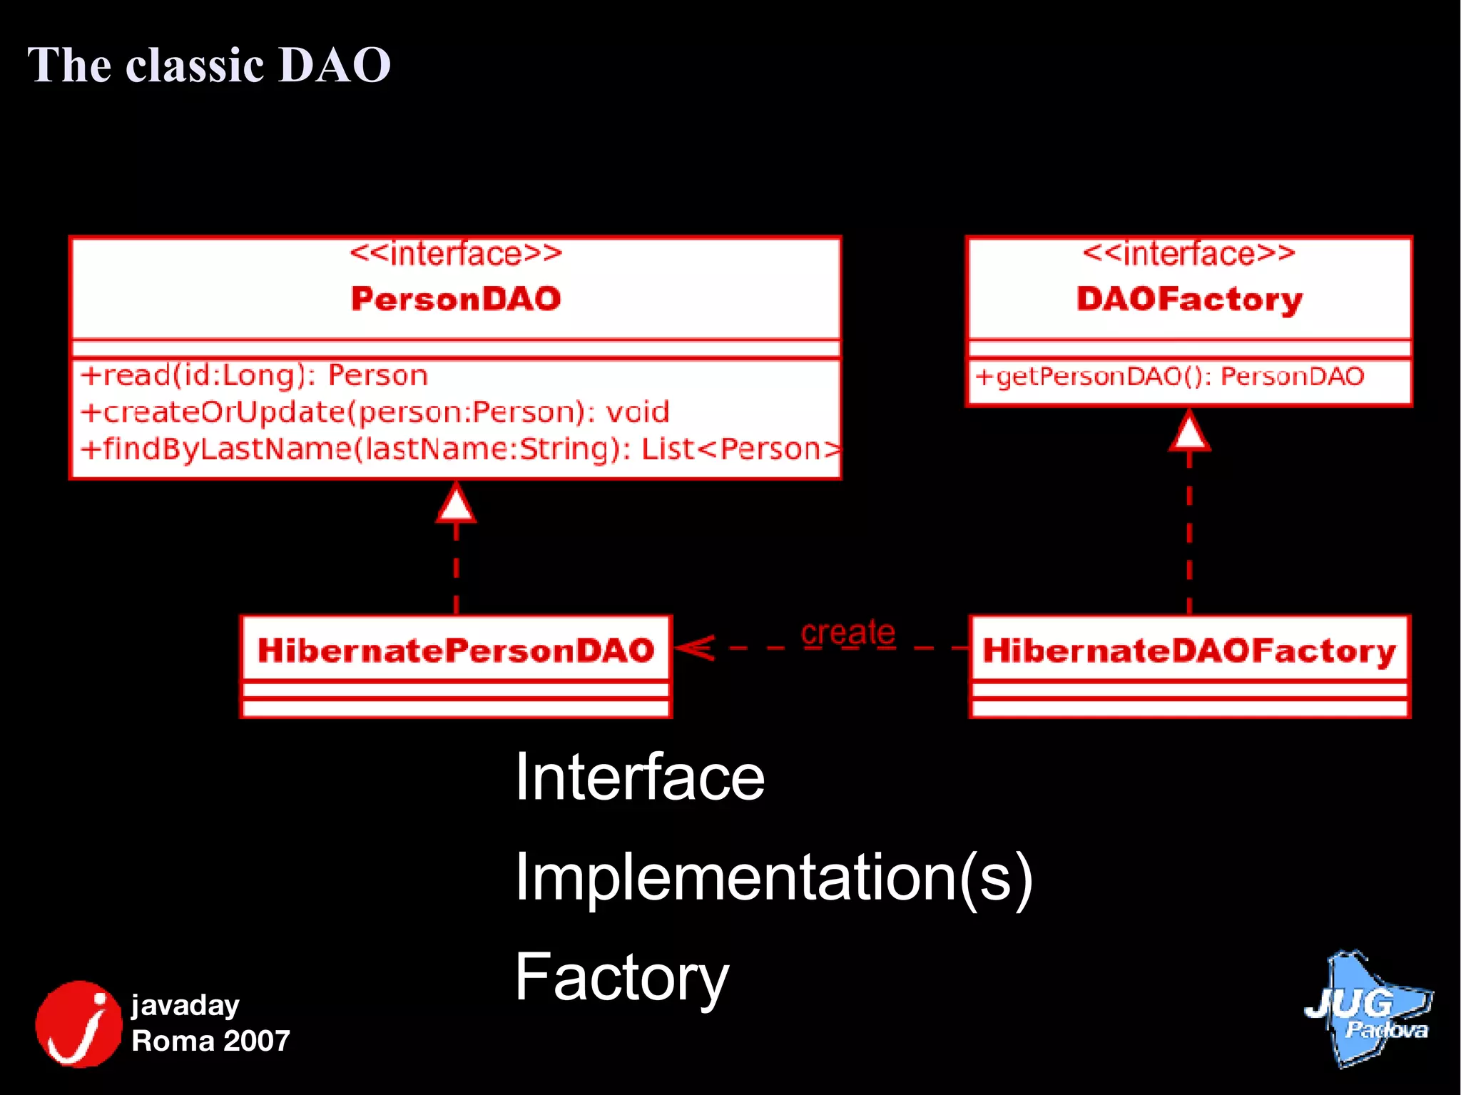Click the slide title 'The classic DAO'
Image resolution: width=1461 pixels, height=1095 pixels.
coord(208,65)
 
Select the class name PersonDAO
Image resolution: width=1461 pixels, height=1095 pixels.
coord(456,299)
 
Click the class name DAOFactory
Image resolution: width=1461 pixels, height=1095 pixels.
coord(1189,299)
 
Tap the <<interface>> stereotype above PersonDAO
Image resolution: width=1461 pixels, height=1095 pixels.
coord(456,254)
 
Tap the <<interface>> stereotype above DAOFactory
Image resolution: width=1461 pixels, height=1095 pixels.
coord(1188,254)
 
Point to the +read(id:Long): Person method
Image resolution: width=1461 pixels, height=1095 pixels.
coord(254,375)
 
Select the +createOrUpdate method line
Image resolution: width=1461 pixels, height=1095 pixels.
coord(375,412)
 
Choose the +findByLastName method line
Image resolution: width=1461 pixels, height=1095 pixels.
coord(460,449)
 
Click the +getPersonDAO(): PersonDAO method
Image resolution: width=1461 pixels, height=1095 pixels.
coord(1169,376)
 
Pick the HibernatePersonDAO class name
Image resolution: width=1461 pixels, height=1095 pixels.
coord(456,650)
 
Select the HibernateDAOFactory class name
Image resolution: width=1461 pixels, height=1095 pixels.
coord(1189,651)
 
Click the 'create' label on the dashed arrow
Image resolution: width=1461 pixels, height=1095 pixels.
coord(847,632)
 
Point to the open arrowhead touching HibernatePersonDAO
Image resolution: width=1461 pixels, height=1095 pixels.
coord(694,648)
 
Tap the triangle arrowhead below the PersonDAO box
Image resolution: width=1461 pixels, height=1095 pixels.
coord(456,503)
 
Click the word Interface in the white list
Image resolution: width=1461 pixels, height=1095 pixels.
coord(639,778)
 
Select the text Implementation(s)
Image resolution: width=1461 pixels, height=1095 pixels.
coord(773,877)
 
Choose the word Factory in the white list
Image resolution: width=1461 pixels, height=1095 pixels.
coord(621,977)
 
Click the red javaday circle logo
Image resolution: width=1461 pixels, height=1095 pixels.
coord(78,1024)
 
